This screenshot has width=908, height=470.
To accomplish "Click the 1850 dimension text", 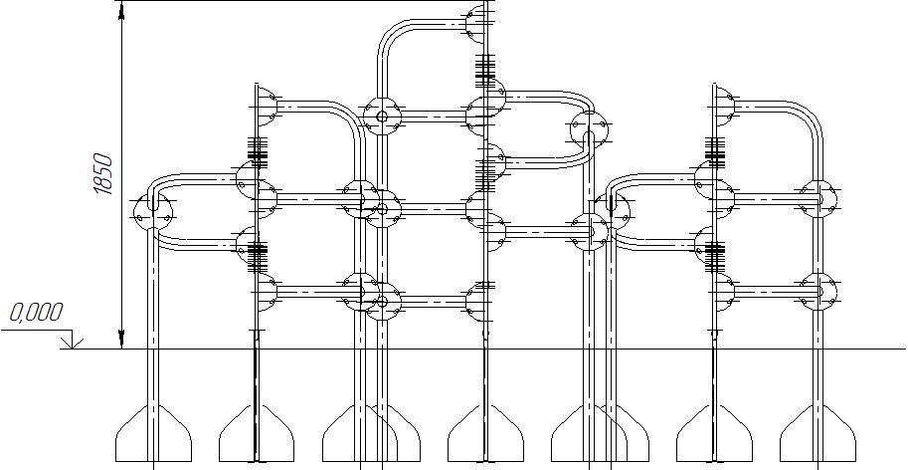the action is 103,174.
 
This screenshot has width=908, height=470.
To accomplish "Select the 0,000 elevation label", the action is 36,313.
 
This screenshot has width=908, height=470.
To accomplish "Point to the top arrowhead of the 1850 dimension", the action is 121,10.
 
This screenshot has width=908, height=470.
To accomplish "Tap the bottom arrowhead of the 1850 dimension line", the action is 121,341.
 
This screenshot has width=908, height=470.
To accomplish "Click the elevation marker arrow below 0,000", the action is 70,343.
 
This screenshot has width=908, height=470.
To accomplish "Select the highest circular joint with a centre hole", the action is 381,116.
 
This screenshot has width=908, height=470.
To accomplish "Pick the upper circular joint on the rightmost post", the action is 818,197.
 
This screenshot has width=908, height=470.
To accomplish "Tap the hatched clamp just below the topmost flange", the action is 484,69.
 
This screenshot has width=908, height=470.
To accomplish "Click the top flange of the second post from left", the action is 266,106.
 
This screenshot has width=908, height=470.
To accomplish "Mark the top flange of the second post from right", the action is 723,106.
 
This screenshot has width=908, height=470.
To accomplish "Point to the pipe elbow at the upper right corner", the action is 811,114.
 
